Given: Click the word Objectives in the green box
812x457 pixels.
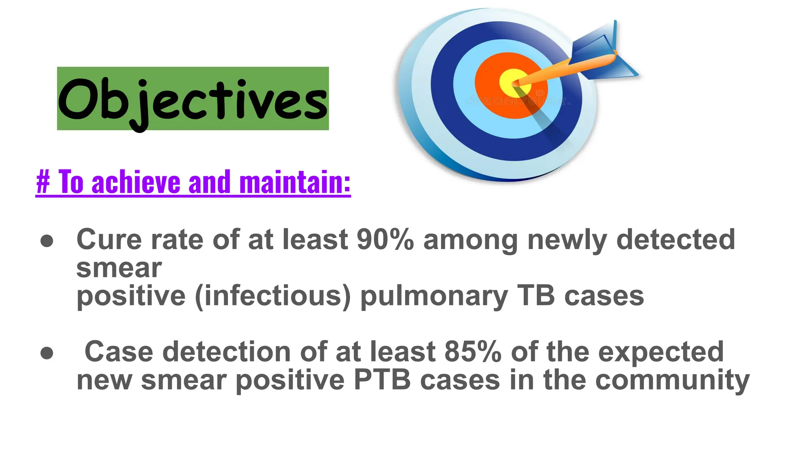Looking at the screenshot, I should click(193, 99).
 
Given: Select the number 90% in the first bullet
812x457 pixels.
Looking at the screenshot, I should click(385, 240).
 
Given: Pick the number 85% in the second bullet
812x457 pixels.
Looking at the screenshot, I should click(473, 352).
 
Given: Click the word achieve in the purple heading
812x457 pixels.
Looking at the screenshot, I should click(136, 182).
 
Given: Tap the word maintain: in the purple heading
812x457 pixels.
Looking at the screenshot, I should click(295, 182).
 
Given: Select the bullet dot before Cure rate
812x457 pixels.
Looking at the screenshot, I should click(47, 241).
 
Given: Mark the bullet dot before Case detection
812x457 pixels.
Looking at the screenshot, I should click(47, 353).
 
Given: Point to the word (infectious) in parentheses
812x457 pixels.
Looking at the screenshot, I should click(273, 296).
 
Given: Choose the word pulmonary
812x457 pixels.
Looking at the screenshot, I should click(434, 296).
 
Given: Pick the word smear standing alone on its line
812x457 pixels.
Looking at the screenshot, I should click(119, 268).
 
